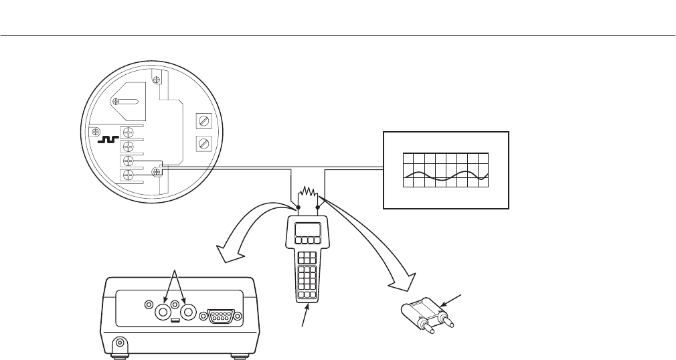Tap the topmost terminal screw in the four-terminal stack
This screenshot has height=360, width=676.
[x=128, y=132]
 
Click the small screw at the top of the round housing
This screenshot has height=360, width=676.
[x=156, y=81]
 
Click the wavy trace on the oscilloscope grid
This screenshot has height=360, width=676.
[x=446, y=177]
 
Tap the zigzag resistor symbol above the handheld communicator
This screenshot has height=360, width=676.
[x=309, y=195]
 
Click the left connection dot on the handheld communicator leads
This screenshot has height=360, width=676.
[x=298, y=208]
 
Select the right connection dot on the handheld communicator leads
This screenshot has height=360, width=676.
[x=318, y=208]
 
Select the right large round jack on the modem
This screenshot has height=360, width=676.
[x=188, y=311]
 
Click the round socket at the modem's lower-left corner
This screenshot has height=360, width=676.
[x=120, y=345]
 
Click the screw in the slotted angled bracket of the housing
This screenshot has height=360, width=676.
[x=117, y=101]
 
